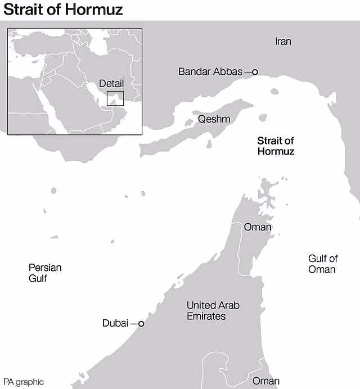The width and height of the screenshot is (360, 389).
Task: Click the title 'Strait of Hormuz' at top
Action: click(64, 10)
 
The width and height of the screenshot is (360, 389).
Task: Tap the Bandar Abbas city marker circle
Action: click(255, 72)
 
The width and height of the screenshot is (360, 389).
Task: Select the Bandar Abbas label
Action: click(210, 72)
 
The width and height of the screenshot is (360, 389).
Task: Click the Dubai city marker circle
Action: click(141, 324)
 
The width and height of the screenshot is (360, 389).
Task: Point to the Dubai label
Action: click(115, 324)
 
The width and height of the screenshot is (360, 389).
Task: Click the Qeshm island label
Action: click(214, 119)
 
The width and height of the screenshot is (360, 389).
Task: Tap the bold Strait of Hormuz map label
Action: click(276, 146)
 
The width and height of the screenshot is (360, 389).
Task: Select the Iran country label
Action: click(283, 42)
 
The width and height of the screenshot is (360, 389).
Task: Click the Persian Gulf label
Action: click(45, 273)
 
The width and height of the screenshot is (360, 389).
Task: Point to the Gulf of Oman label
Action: click(322, 264)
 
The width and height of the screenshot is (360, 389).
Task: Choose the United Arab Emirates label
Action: click(213, 311)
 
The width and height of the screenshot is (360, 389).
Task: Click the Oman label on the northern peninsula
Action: click(257, 228)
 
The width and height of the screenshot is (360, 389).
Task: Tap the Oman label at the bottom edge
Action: click(265, 381)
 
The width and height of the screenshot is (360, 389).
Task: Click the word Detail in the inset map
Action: click(111, 84)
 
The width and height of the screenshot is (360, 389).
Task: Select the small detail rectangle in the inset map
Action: click(115, 97)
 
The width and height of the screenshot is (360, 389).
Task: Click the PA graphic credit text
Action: click(23, 382)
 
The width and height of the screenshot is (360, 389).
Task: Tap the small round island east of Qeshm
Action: click(262, 119)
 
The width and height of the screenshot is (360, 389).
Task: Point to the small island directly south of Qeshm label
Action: click(209, 144)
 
